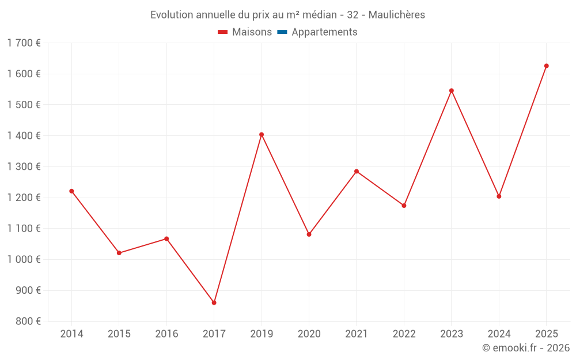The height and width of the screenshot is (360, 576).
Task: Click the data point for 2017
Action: pos(214,302)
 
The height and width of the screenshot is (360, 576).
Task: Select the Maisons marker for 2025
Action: pos(547,66)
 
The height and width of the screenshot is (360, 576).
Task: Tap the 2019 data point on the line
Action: pos(262,135)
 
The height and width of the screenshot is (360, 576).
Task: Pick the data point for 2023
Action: pos(452,90)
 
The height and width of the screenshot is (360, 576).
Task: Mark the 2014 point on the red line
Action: pos(71,191)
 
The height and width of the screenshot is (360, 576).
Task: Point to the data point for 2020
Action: pos(309,234)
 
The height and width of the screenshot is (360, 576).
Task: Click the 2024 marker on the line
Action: pos(499,196)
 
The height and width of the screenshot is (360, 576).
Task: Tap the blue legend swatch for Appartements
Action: pos(282,32)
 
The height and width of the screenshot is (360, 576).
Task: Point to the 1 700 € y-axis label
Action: pos(24,43)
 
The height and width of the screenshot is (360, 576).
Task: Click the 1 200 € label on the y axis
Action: pos(24,198)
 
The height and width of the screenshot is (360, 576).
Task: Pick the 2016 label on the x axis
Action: pos(166,334)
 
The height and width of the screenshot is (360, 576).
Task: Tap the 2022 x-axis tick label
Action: pos(404,334)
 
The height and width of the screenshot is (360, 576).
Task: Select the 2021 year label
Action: pos(357,334)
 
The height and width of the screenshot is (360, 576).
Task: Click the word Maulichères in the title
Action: pos(396,15)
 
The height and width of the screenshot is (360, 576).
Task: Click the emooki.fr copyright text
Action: pos(526,348)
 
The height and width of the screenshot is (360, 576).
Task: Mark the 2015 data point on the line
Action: pos(119,253)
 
